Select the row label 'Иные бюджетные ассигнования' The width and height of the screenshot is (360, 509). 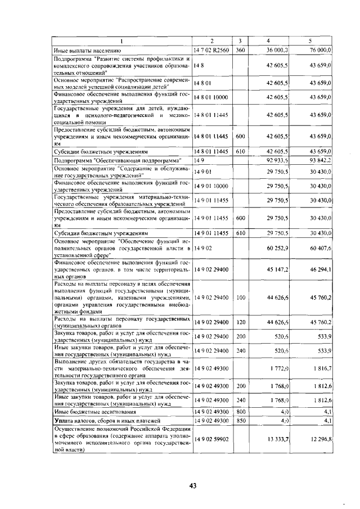[90, 411]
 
